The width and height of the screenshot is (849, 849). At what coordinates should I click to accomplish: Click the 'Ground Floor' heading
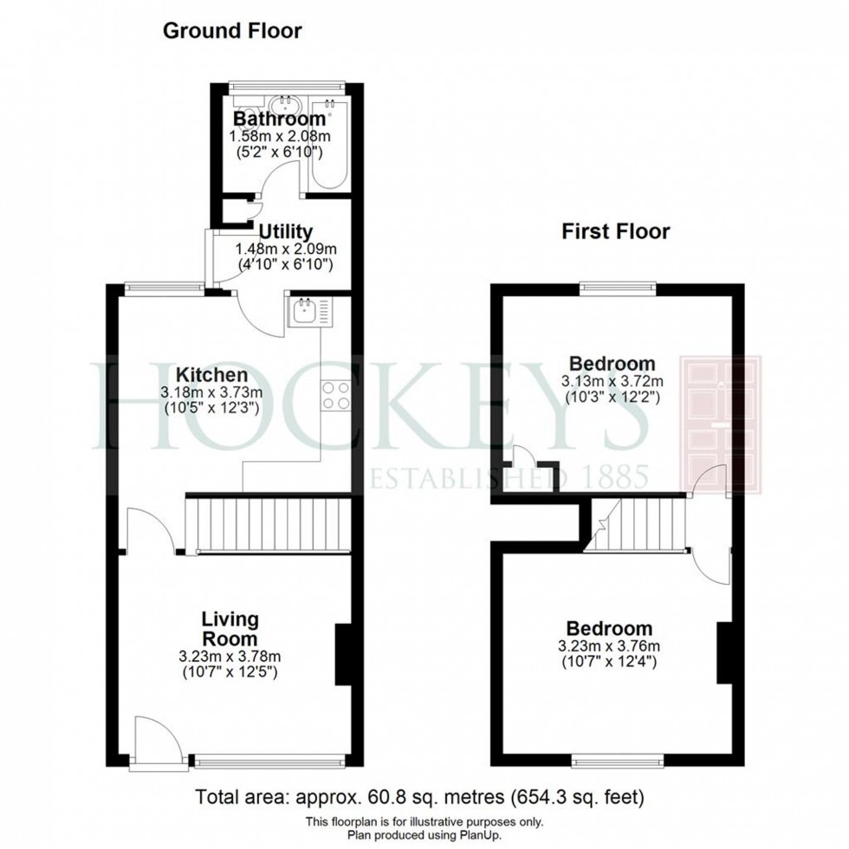(232, 31)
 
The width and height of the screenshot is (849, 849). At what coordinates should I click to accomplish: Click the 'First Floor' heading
(615, 231)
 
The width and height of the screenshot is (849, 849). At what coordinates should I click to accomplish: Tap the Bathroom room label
(279, 119)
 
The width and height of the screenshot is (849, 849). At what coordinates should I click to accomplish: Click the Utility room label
(285, 231)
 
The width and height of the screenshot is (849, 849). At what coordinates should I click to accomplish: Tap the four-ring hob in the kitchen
(336, 395)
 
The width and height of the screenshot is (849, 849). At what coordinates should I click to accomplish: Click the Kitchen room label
(212, 375)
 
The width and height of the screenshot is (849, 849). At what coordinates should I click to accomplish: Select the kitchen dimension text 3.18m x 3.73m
(212, 392)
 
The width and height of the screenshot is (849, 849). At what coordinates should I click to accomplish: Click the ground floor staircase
(269, 523)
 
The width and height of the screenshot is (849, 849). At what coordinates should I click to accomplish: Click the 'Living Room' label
(230, 628)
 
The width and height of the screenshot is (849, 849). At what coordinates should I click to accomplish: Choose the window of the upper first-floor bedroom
(617, 287)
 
